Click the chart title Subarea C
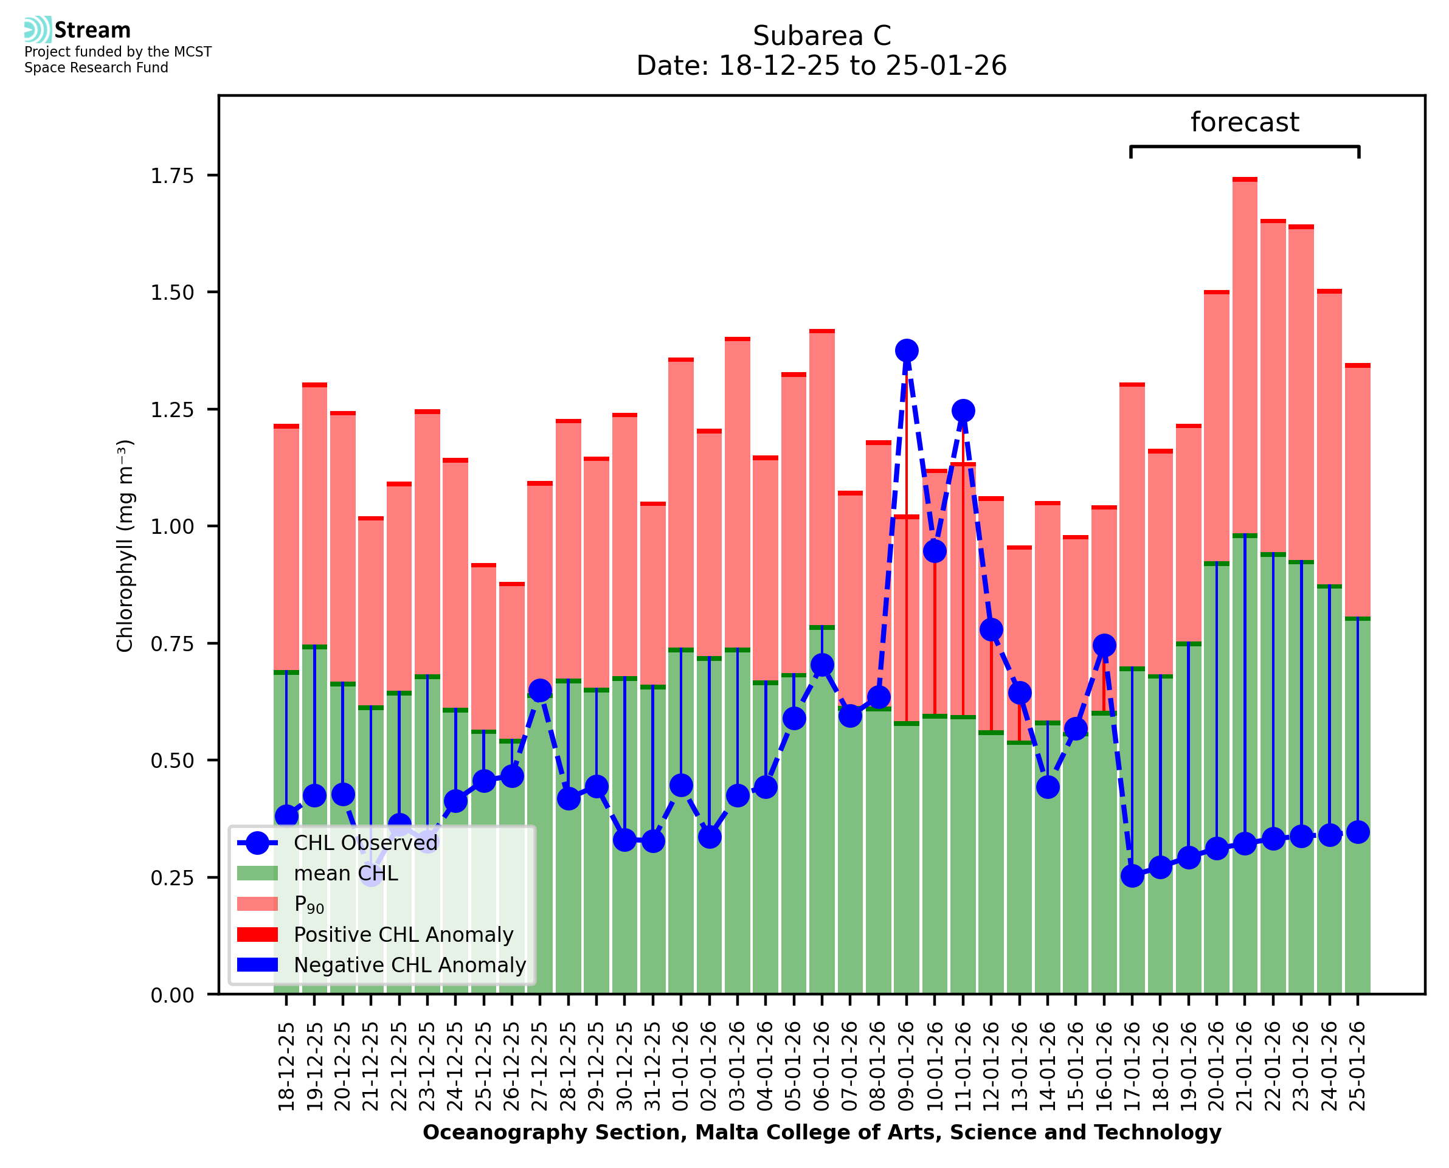[x=821, y=36]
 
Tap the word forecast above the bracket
[x=1245, y=122]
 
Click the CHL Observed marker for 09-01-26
[x=906, y=351]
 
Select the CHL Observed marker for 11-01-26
[x=963, y=410]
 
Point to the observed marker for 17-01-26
[x=1132, y=876]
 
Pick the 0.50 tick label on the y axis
[x=172, y=761]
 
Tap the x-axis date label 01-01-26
[x=681, y=1066]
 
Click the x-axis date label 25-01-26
[x=1358, y=1066]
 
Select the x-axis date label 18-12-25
[x=286, y=1066]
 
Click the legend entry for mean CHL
[x=346, y=873]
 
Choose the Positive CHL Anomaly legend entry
[x=403, y=935]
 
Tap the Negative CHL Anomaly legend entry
[x=409, y=965]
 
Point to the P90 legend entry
[x=309, y=904]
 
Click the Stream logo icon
[x=38, y=30]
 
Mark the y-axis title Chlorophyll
[x=125, y=545]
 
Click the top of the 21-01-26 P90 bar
[x=1245, y=179]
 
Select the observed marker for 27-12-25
[x=539, y=690]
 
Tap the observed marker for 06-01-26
[x=821, y=665]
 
